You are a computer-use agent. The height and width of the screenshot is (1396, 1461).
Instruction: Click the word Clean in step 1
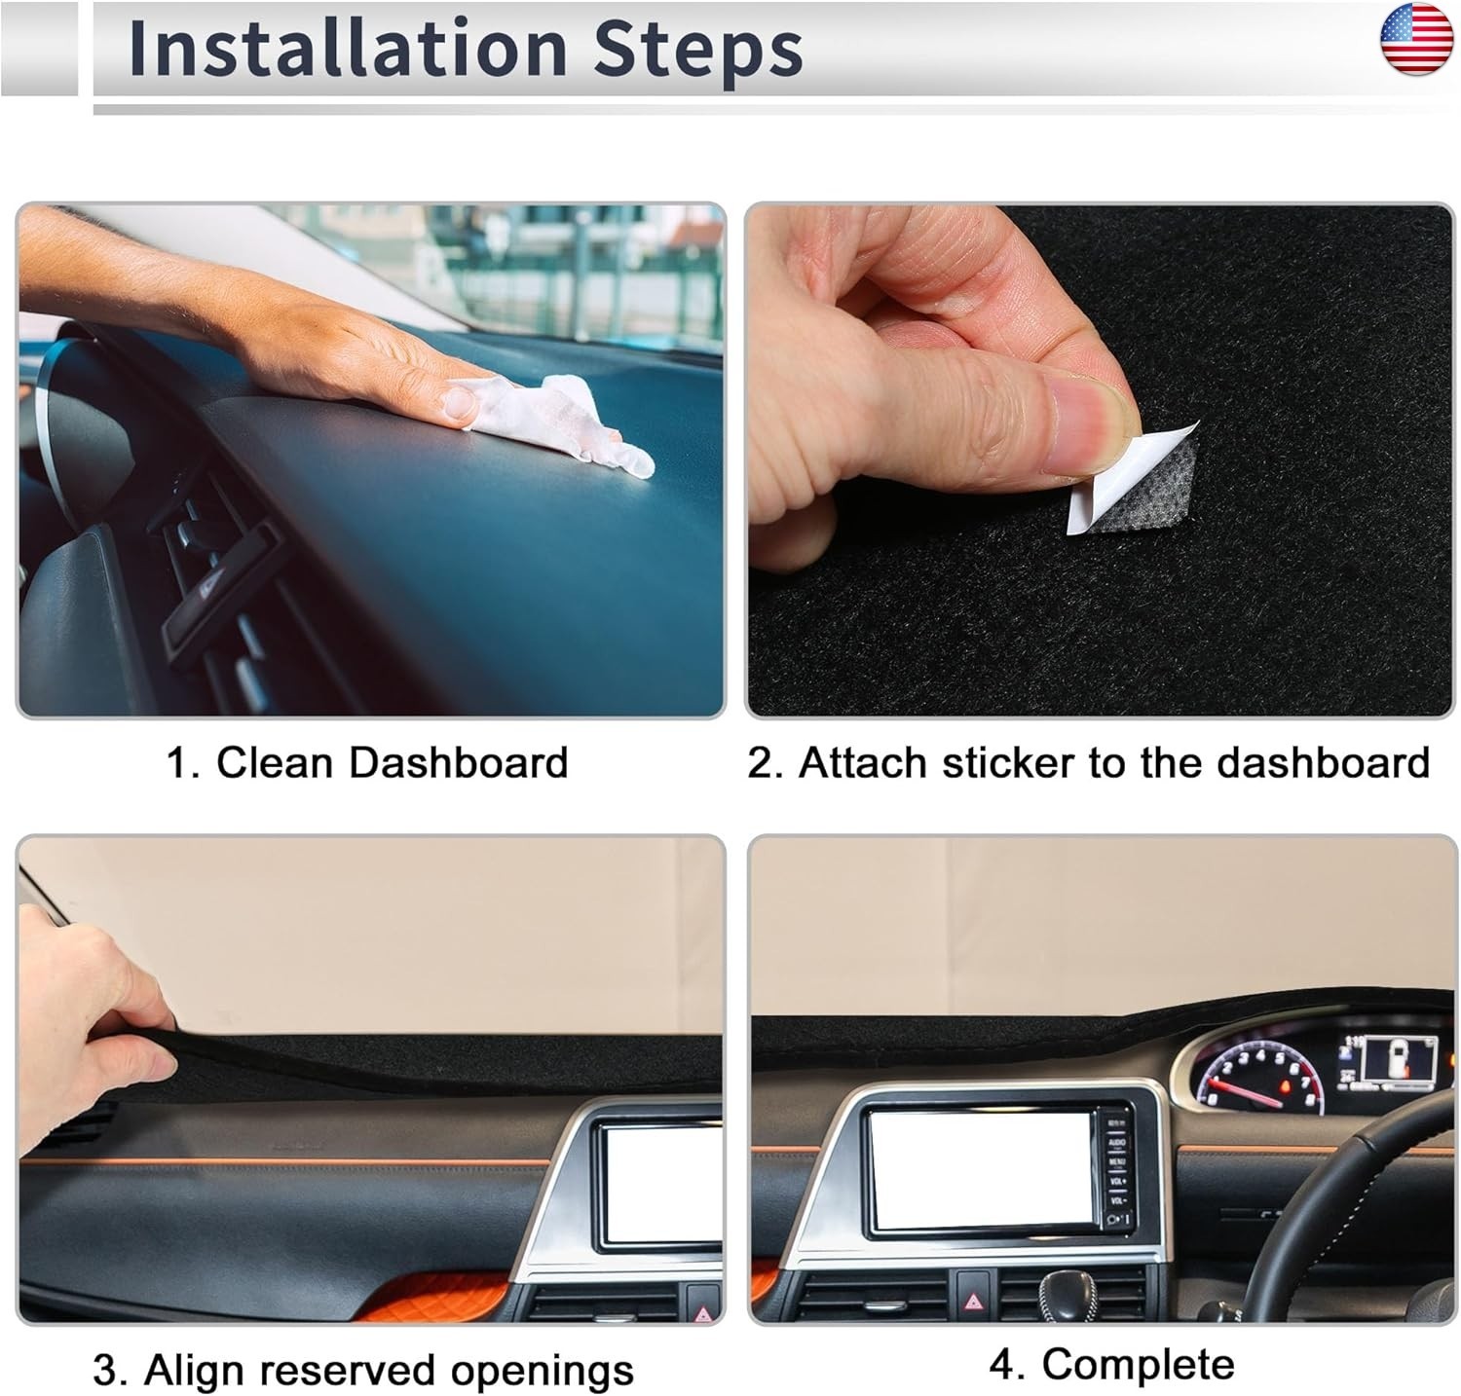coord(276,762)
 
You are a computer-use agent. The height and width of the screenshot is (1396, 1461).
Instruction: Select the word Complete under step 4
coord(1138,1364)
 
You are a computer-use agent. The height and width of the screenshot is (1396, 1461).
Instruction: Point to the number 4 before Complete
coord(1006,1364)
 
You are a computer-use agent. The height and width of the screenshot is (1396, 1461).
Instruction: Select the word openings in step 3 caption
coord(542,1372)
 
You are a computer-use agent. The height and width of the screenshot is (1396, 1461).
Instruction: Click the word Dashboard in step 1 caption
coord(458,762)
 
